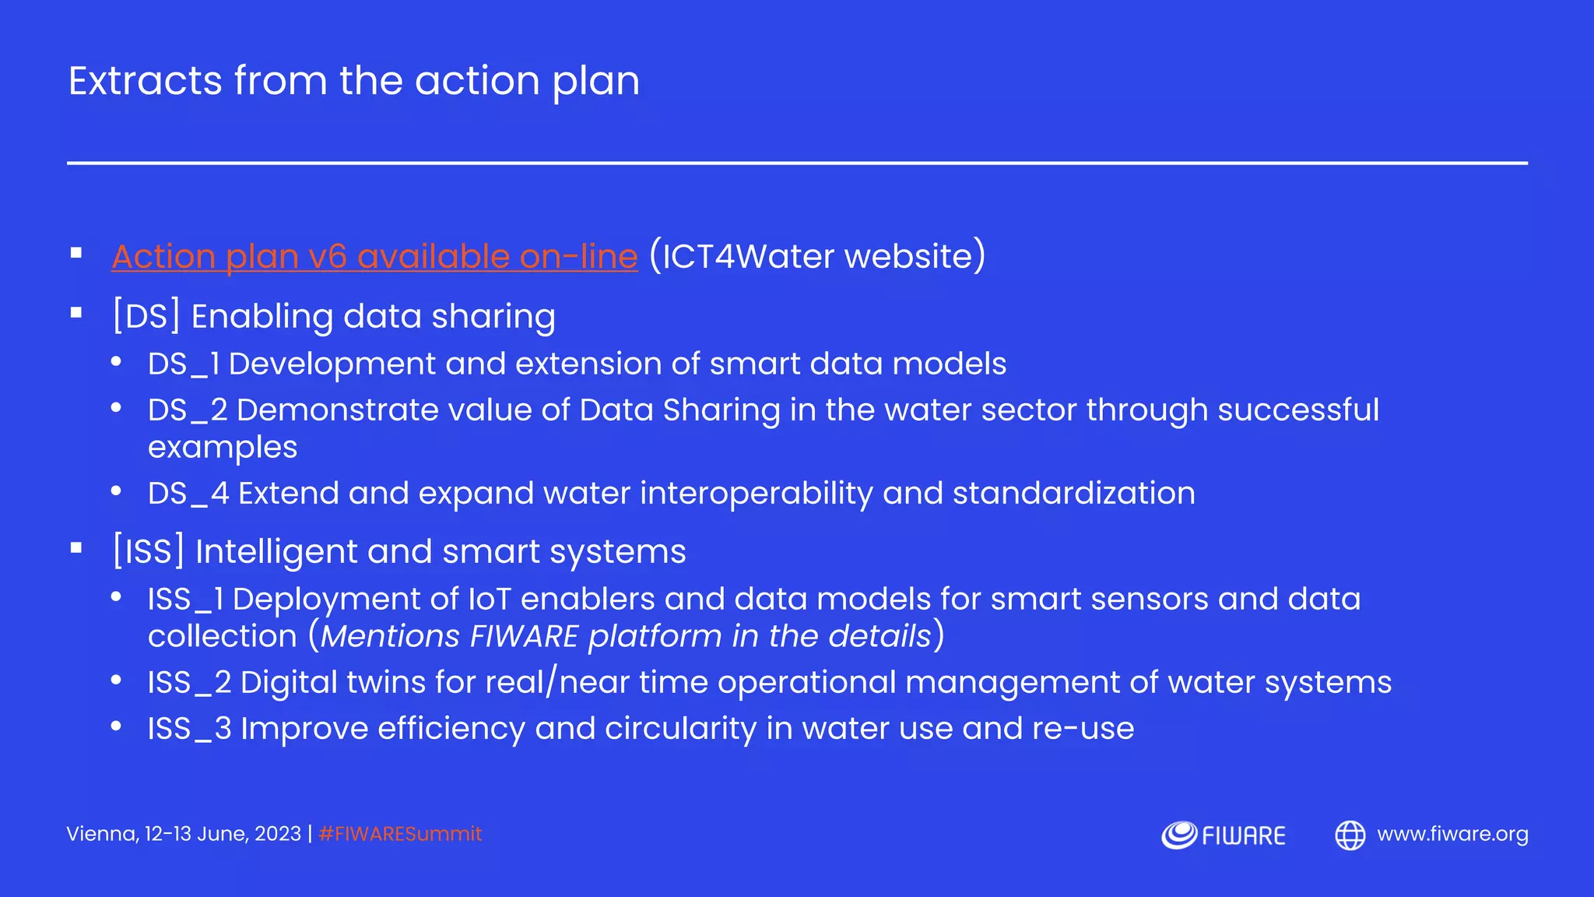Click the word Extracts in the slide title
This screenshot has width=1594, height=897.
pyautogui.click(x=146, y=81)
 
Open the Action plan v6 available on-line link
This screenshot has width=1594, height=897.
pyautogui.click(x=374, y=257)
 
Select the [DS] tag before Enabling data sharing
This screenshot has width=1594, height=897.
pyautogui.click(x=146, y=316)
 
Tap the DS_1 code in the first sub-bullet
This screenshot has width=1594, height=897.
pyautogui.click(x=184, y=364)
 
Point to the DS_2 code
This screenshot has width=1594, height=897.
pyautogui.click(x=188, y=410)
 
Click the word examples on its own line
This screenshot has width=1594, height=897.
pyautogui.click(x=223, y=448)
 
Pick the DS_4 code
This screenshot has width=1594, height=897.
pyautogui.click(x=188, y=494)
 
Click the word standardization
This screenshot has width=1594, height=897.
pyautogui.click(x=1073, y=494)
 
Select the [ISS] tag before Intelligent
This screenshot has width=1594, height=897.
pyautogui.click(x=149, y=551)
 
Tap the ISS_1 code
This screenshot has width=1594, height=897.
pyautogui.click(x=186, y=600)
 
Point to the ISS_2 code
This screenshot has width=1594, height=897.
pyautogui.click(x=190, y=683)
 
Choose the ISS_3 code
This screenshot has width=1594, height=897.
pyautogui.click(x=190, y=729)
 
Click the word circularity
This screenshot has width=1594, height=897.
pyautogui.click(x=680, y=729)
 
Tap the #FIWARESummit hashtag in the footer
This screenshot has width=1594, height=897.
pyautogui.click(x=400, y=834)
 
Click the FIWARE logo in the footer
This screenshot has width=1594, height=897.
pyautogui.click(x=1223, y=835)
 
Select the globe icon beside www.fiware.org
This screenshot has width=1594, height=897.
pyautogui.click(x=1350, y=835)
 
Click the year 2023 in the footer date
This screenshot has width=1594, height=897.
pyautogui.click(x=278, y=834)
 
